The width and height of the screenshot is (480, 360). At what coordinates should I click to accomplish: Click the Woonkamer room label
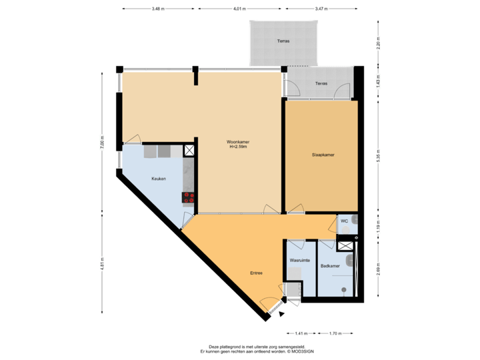pyautogui.click(x=237, y=142)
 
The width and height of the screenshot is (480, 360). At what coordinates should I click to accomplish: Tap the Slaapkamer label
pyautogui.click(x=323, y=155)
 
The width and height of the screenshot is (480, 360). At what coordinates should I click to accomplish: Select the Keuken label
pyautogui.click(x=158, y=179)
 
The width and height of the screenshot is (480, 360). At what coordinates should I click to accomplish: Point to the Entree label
pyautogui.click(x=256, y=273)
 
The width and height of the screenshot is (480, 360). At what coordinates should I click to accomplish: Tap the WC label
pyautogui.click(x=344, y=221)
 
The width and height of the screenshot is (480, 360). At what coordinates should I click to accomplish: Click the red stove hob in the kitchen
pyautogui.click(x=189, y=197)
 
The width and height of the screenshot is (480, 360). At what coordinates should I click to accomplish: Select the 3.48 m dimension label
pyautogui.click(x=158, y=9)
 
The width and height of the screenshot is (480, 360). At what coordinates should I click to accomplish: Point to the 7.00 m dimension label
pyautogui.click(x=102, y=145)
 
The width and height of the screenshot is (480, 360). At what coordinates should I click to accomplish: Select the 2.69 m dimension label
pyautogui.click(x=378, y=267)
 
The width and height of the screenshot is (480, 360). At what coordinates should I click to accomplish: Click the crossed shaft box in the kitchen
pyautogui.click(x=189, y=151)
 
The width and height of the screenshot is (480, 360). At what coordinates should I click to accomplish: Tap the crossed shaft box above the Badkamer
pyautogui.click(x=346, y=245)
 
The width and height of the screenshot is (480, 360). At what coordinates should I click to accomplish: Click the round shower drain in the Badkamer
pyautogui.click(x=343, y=289)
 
